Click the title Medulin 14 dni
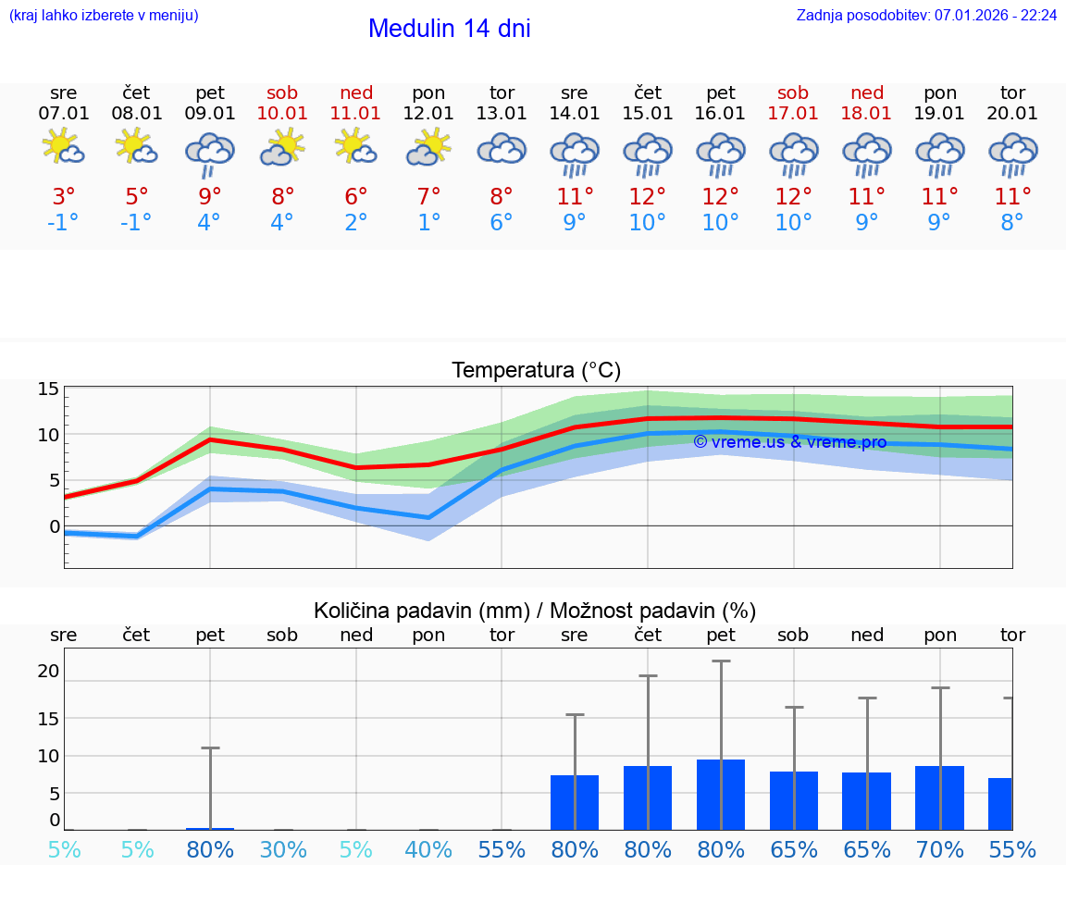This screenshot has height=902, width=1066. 449,29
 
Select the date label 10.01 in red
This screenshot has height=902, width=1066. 282,113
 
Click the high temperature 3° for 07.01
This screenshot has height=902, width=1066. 63,196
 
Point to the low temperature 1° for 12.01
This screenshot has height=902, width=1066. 428,222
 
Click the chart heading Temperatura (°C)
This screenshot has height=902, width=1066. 536,370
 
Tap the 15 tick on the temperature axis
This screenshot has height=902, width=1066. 48,389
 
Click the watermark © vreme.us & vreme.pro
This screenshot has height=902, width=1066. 789,442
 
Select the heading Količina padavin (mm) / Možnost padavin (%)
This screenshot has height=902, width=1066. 535,611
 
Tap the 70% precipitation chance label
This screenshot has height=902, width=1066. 939,850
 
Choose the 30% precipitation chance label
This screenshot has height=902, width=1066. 282,850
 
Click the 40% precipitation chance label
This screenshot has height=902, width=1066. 428,850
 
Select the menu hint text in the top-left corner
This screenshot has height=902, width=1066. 104,15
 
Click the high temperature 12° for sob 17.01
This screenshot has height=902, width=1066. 793,196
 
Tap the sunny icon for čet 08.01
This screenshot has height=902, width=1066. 136,146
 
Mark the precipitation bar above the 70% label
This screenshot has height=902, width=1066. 939,797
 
